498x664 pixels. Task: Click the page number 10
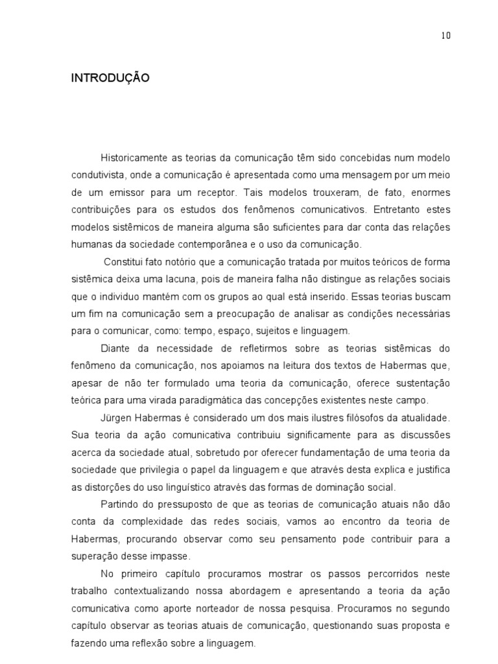(x=446, y=36)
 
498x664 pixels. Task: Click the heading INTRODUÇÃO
(x=110, y=78)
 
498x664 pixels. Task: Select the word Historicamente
(x=133, y=158)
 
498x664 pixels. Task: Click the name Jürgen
(x=116, y=417)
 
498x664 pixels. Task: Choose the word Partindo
(x=119, y=504)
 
